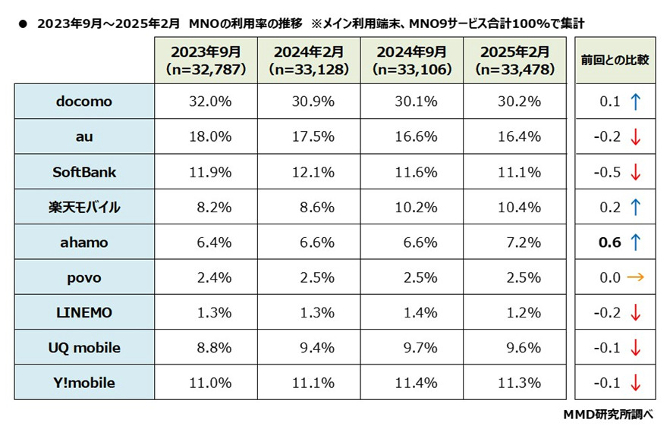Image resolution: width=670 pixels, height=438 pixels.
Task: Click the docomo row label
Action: coord(84,101)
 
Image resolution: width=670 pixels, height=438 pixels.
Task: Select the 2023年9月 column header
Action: coord(205,61)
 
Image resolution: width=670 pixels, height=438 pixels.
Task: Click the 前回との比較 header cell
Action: coord(615,60)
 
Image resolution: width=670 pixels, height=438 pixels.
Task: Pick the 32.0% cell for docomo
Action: coord(205,101)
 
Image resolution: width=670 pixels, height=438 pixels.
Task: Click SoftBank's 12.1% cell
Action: coord(308,172)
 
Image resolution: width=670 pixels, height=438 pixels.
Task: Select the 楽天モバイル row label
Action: coord(84,207)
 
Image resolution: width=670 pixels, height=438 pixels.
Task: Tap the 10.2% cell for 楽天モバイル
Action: coord(411,207)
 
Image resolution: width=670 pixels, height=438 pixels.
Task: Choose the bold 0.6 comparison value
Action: coord(609,242)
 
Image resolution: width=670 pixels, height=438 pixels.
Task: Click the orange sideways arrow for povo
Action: coord(635,277)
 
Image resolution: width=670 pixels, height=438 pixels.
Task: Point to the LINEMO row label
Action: coord(84,313)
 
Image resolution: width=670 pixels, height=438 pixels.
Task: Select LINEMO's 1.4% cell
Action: coord(411,313)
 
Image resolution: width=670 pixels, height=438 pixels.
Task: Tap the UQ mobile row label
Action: coord(84,348)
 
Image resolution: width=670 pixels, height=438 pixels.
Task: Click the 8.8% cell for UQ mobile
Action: coord(205,348)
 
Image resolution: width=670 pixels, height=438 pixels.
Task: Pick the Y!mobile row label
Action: coord(84,383)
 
